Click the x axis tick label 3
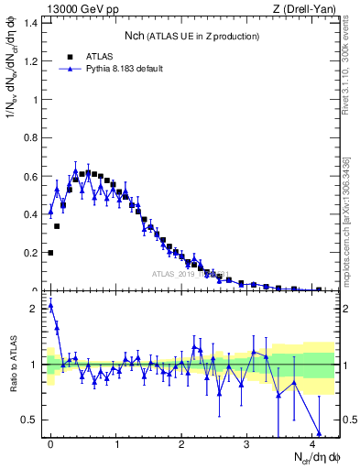246,443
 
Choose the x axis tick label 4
312,443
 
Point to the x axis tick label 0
50,443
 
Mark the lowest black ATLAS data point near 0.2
50,253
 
